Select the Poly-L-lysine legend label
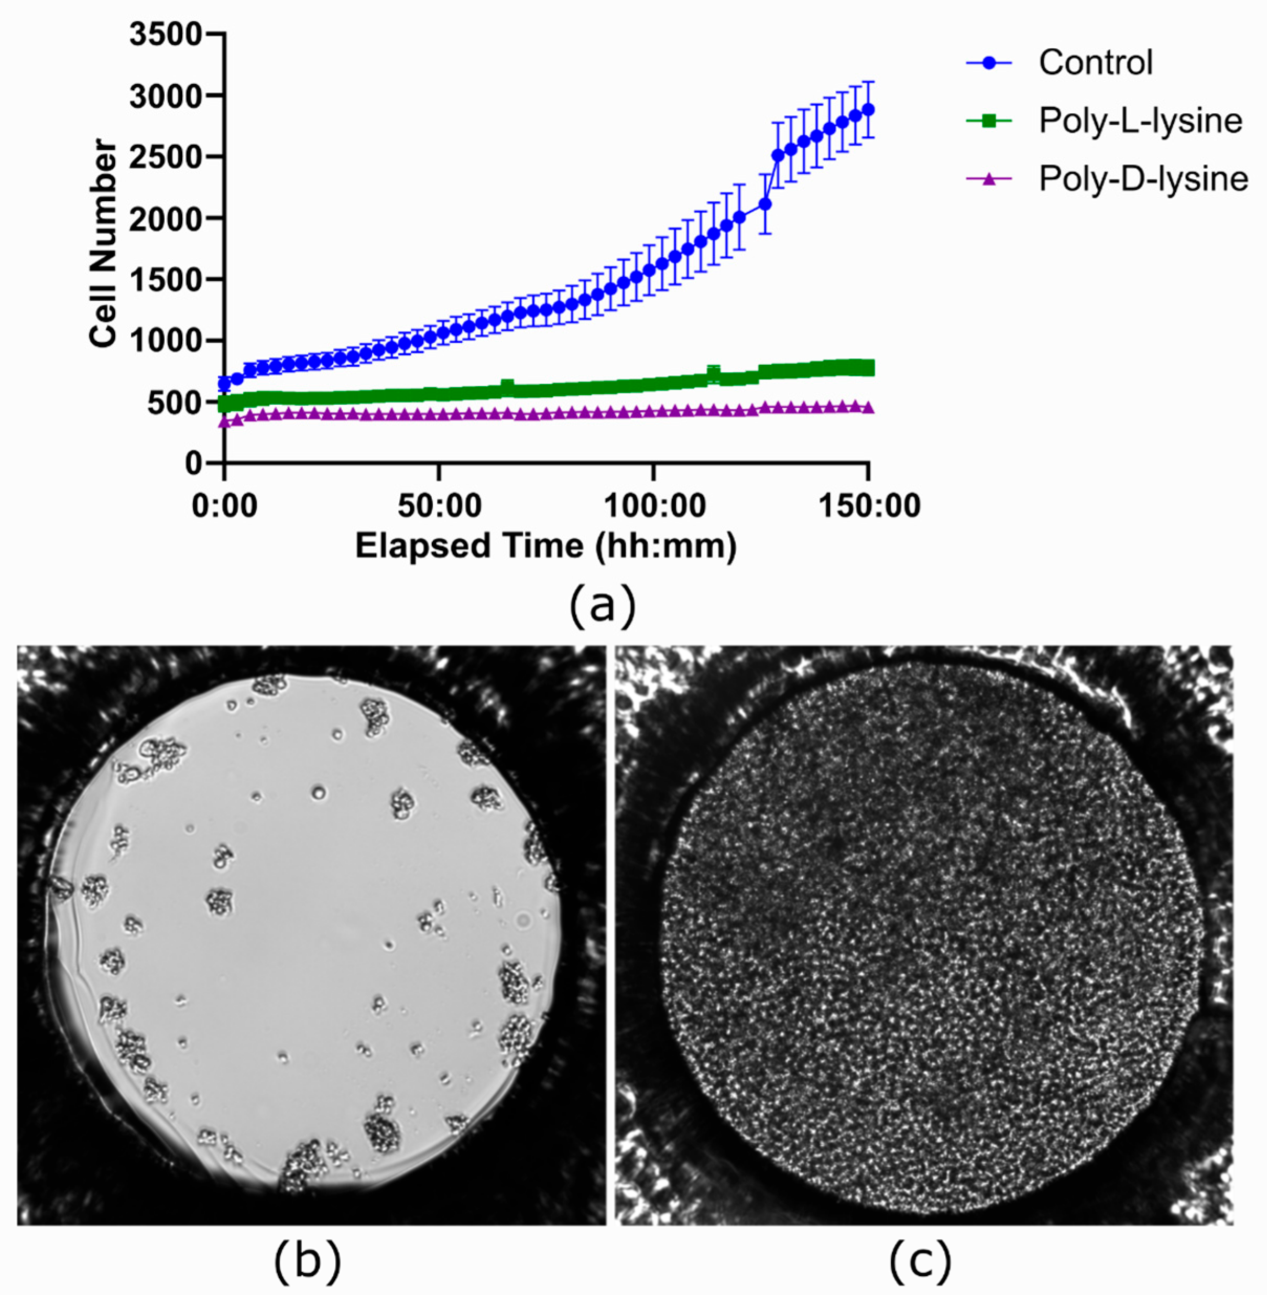(x=1140, y=121)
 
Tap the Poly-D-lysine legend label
(x=1143, y=178)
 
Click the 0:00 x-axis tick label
(x=224, y=506)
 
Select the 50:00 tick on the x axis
(x=439, y=506)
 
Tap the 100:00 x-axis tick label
(x=654, y=506)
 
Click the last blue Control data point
(x=868, y=110)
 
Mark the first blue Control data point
(x=224, y=383)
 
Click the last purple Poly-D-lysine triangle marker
(x=868, y=407)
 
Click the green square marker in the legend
(x=989, y=121)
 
